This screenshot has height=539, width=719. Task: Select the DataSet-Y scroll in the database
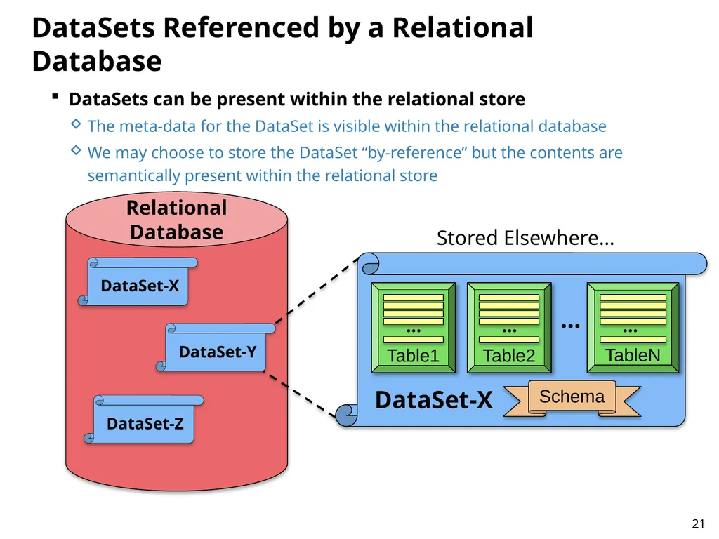(216, 347)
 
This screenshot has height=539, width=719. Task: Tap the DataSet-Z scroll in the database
(143, 420)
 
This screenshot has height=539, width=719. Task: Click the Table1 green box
(413, 327)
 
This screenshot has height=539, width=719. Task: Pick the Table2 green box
(509, 327)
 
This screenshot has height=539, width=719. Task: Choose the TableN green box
(633, 327)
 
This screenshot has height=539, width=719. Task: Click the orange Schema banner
(572, 399)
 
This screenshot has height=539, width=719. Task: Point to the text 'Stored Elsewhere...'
(525, 238)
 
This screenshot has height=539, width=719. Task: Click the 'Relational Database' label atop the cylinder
(176, 220)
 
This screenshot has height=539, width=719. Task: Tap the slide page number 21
(698, 524)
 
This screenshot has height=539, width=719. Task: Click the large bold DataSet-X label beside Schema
(433, 399)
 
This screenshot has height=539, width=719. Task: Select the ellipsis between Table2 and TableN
(570, 326)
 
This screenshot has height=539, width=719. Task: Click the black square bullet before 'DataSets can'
(55, 97)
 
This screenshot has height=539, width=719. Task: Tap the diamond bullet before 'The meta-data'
(76, 124)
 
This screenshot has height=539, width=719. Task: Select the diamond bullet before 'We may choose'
(76, 150)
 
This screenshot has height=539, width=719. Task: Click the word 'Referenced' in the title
(242, 27)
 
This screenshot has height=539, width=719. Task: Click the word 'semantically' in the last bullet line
(133, 175)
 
